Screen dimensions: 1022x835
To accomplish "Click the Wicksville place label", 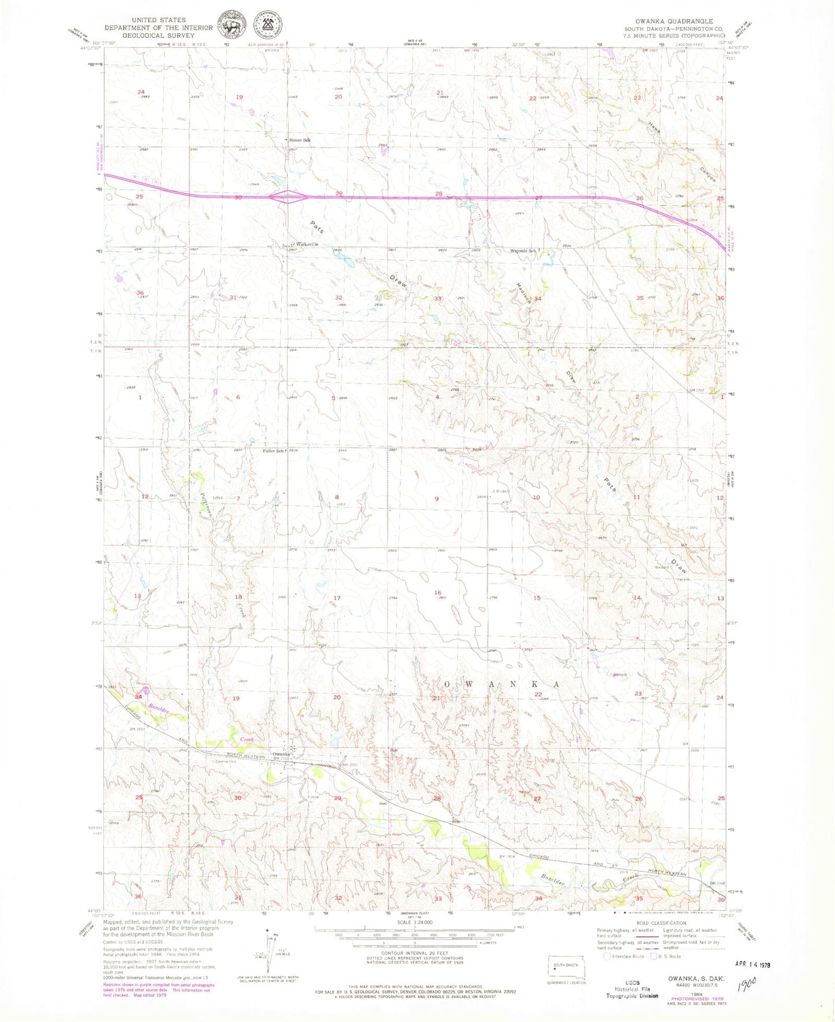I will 307,244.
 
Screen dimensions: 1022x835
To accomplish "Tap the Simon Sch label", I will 300,140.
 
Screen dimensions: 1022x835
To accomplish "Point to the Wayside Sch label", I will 524,250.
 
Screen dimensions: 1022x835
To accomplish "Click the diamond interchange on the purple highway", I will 288,197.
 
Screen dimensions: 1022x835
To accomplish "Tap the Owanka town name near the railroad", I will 281,754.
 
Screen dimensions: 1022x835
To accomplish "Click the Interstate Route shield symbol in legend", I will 606,956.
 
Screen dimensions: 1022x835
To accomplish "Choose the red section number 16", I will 437,593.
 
